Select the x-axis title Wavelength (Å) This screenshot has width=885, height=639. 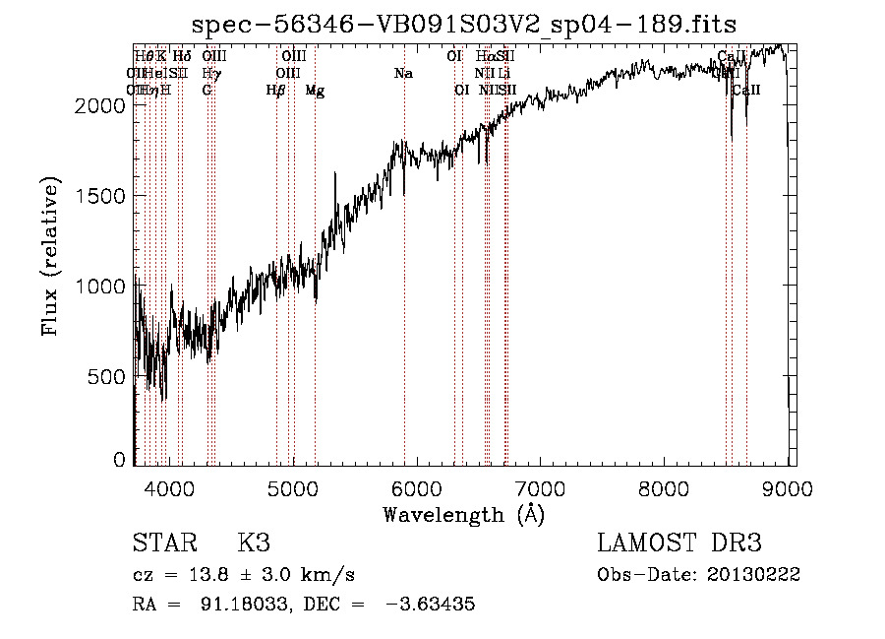tap(463, 514)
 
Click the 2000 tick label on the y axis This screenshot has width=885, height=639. tap(101, 105)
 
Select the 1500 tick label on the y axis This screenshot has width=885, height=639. tap(101, 195)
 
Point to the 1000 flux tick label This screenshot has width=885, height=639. tap(101, 286)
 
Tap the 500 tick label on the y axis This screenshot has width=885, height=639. tap(108, 376)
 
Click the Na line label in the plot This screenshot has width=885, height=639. tap(403, 73)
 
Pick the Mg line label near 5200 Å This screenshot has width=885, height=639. tap(315, 90)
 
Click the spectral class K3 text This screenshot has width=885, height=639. tap(254, 543)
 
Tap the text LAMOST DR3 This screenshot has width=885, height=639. tap(679, 543)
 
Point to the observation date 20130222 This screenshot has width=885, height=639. tap(753, 575)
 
